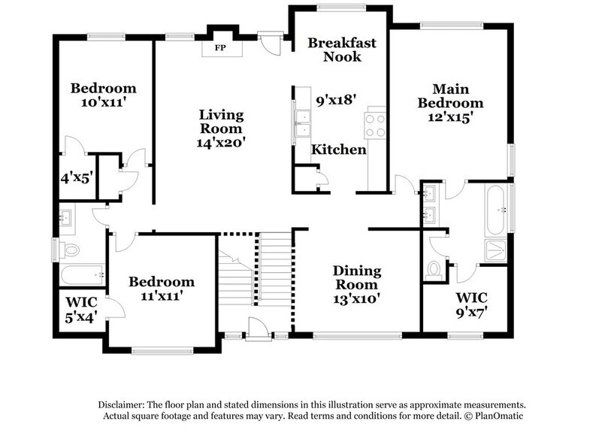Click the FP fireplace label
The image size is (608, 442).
point(221,48)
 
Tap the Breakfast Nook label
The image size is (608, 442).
point(342,50)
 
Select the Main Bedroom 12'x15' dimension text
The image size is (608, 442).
point(450,117)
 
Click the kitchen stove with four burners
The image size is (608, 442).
point(375,126)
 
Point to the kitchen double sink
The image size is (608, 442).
point(304,123)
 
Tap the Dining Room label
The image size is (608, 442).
point(357,271)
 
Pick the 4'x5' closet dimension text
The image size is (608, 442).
point(76,178)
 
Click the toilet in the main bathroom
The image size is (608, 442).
point(434,268)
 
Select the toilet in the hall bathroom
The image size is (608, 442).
point(71,250)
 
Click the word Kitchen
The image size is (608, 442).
point(339,150)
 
